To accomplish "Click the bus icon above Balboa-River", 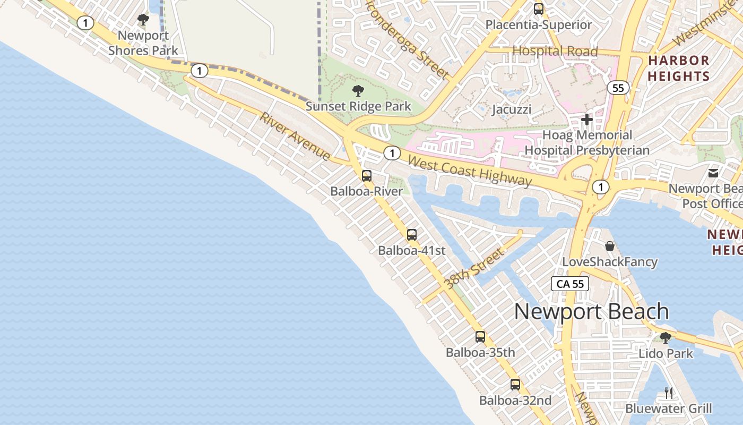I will pyautogui.click(x=366, y=176).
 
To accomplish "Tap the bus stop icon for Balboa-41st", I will pyautogui.click(x=411, y=234).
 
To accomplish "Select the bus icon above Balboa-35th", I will pyautogui.click(x=480, y=336).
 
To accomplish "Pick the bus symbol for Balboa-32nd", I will pyautogui.click(x=515, y=385).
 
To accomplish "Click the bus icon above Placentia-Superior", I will pyautogui.click(x=538, y=9).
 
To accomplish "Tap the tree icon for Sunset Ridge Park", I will pyautogui.click(x=358, y=90).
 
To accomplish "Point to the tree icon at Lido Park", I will pyautogui.click(x=665, y=338).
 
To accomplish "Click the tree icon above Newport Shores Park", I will pyautogui.click(x=143, y=20).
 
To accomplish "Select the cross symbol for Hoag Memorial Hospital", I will pyautogui.click(x=586, y=120).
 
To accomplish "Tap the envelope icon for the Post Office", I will pyautogui.click(x=713, y=173).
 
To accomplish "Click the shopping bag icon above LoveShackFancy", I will pyautogui.click(x=610, y=246).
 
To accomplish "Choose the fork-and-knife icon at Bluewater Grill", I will pyautogui.click(x=668, y=393).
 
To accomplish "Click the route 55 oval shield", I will pyautogui.click(x=618, y=88).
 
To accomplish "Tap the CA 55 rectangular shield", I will pyautogui.click(x=571, y=284).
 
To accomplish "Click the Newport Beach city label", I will pyautogui.click(x=591, y=311).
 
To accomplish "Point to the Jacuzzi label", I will pyautogui.click(x=511, y=109).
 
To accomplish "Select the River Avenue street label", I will pyautogui.click(x=295, y=137).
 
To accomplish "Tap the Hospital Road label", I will pyautogui.click(x=555, y=52).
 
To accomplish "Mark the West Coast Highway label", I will pyautogui.click(x=470, y=171).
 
